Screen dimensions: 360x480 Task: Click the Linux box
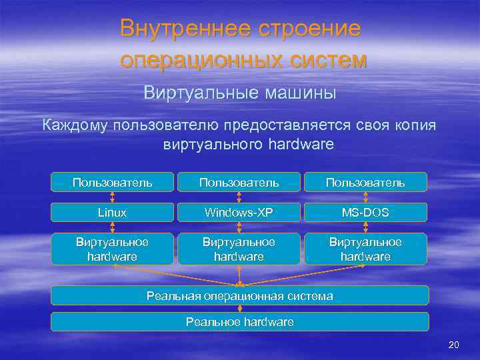[112, 212]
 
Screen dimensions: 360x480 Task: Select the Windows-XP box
[239, 212]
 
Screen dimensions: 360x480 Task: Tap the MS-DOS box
[365, 212]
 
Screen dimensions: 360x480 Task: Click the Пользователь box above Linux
[112, 182]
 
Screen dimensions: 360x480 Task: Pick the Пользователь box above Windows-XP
[239, 182]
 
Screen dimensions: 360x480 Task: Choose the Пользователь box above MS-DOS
[365, 182]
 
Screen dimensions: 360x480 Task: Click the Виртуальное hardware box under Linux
[112, 248]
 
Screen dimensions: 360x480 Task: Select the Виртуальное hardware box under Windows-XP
[239, 248]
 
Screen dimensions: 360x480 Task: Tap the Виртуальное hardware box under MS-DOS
[365, 248]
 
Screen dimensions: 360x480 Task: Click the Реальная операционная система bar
[240, 295]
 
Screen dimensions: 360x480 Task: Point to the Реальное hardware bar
[240, 322]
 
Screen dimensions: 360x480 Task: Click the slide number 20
[454, 345]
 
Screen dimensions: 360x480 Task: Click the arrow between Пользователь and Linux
[112, 197]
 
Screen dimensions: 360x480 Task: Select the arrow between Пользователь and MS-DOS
[365, 197]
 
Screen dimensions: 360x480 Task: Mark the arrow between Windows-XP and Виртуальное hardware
[239, 227]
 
